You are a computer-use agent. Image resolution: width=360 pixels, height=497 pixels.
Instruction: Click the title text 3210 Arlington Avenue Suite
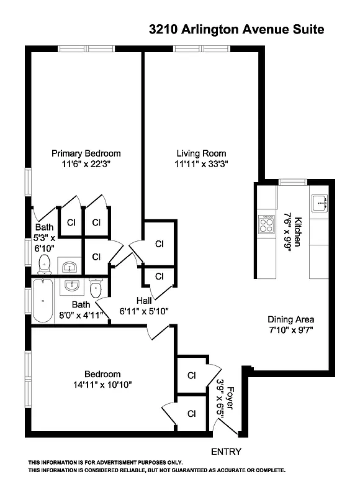pyautogui.click(x=236, y=29)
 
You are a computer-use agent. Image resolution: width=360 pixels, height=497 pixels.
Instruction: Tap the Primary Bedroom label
pyautogui.click(x=86, y=153)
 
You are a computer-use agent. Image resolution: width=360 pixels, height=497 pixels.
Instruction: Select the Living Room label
pyautogui.click(x=201, y=153)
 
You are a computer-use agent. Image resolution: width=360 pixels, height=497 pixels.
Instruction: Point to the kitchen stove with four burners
pyautogui.click(x=267, y=223)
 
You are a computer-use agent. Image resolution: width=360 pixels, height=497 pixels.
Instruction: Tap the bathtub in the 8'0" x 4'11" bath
pyautogui.click(x=43, y=300)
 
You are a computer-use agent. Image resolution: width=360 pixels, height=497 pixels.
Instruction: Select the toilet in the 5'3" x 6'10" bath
pyautogui.click(x=44, y=265)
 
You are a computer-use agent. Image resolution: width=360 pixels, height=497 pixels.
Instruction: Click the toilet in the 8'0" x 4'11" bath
pyautogui.click(x=95, y=289)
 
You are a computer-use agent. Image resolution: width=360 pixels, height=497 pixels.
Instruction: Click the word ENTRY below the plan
pyautogui.click(x=226, y=452)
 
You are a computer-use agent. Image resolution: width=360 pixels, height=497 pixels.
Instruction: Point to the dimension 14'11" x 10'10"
pyautogui.click(x=103, y=385)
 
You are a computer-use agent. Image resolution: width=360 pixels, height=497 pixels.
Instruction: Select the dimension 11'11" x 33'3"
pyautogui.click(x=201, y=164)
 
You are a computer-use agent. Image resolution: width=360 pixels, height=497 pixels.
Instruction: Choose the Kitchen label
pyautogui.click(x=298, y=231)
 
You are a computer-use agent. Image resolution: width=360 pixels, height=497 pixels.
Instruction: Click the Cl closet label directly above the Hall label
pyautogui.click(x=160, y=276)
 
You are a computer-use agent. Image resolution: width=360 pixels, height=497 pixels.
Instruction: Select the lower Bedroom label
pyautogui.click(x=102, y=374)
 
